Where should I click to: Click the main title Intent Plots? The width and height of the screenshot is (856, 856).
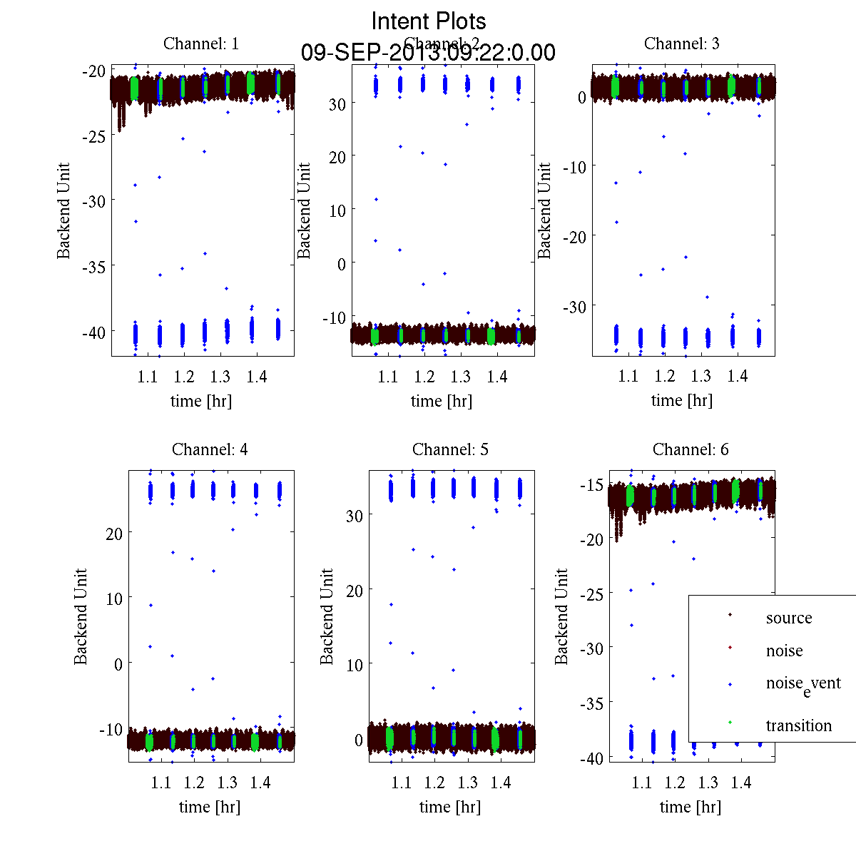(x=429, y=21)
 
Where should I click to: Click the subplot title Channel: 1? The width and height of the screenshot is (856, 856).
(x=201, y=44)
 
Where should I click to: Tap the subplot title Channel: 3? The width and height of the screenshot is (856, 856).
(x=681, y=44)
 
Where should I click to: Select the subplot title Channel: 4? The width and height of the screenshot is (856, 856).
(x=210, y=449)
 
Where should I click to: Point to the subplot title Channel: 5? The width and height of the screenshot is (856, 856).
(x=450, y=449)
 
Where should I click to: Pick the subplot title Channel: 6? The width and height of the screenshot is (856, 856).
(x=691, y=449)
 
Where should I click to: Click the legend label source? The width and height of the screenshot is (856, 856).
(x=788, y=618)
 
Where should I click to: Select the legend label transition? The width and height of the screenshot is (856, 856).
(x=798, y=726)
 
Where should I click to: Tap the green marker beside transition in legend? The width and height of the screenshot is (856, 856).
(x=730, y=723)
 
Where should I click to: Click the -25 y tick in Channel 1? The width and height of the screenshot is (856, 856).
(x=94, y=136)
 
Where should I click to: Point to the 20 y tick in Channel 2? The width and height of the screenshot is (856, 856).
(x=337, y=157)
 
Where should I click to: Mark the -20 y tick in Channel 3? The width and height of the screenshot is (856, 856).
(x=575, y=236)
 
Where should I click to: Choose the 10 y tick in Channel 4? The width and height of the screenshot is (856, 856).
(x=113, y=598)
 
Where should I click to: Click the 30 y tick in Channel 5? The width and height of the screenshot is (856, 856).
(x=354, y=516)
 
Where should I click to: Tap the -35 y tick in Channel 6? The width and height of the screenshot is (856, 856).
(x=593, y=703)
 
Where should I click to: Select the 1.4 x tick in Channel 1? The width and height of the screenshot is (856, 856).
(x=257, y=377)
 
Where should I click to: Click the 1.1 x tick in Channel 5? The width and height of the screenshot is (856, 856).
(x=402, y=783)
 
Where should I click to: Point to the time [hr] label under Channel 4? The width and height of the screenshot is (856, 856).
(x=210, y=807)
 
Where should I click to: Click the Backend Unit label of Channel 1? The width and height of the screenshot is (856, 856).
(x=64, y=210)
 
